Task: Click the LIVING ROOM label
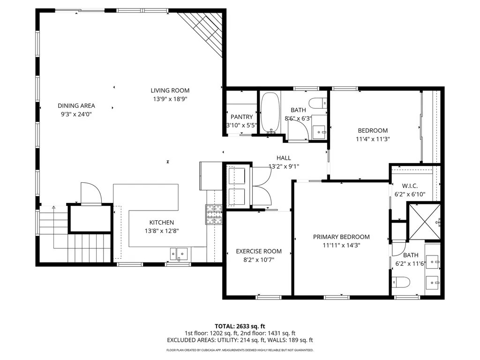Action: [170, 90]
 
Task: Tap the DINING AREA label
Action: [76, 105]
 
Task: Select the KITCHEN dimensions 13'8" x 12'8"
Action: [161, 231]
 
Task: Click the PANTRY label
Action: [241, 117]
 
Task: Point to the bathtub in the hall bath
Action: [270, 112]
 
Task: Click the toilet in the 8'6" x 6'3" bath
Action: [319, 102]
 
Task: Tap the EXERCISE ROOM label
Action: [258, 251]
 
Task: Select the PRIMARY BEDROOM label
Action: [341, 237]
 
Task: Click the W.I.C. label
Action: [409, 186]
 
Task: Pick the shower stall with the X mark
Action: [424, 221]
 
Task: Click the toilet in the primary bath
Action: [401, 282]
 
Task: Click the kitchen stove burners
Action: [213, 215]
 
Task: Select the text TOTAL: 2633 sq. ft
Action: [240, 326]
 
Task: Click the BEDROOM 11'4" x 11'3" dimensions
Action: [373, 139]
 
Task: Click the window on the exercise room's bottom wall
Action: [269, 296]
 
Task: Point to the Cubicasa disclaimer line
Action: [240, 350]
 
